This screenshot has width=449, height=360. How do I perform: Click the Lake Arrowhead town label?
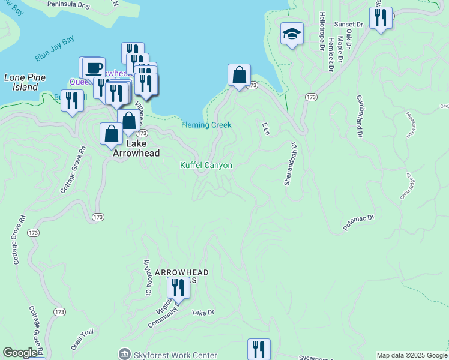point(137,148)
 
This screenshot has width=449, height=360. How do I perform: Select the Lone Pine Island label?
point(21,82)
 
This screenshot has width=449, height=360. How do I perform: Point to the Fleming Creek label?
point(206,125)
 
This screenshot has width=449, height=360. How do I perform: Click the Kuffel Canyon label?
point(206,165)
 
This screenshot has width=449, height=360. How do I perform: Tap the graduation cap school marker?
point(292,35)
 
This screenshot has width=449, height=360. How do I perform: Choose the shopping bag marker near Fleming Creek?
point(239,76)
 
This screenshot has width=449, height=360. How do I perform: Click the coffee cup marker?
point(93,68)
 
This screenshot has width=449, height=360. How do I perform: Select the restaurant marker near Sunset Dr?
point(381,19)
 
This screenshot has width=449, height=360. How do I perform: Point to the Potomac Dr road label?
point(358,223)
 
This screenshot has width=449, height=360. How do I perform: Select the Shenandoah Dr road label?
point(289,164)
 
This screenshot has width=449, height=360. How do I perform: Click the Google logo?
point(20,353)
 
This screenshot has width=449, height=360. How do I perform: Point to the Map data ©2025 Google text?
point(412,355)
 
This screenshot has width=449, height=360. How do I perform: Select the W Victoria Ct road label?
point(146,277)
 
